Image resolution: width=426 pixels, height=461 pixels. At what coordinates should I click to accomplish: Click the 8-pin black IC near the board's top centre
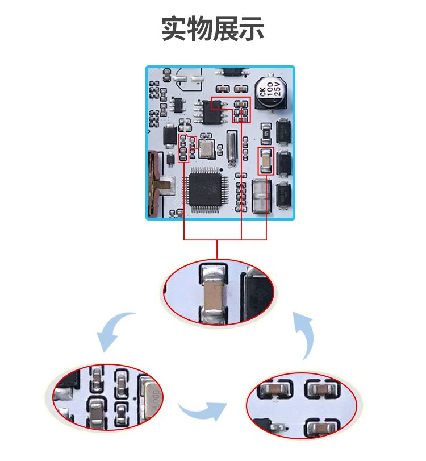click(x=214, y=112)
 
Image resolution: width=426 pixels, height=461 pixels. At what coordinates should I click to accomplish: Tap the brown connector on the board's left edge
click(x=156, y=182)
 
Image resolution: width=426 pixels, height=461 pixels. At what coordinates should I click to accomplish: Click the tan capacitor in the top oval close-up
click(x=214, y=294)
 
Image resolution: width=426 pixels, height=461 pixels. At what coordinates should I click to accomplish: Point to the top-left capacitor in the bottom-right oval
click(x=271, y=389)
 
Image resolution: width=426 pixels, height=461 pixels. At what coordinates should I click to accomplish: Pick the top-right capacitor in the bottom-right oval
click(x=319, y=389)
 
